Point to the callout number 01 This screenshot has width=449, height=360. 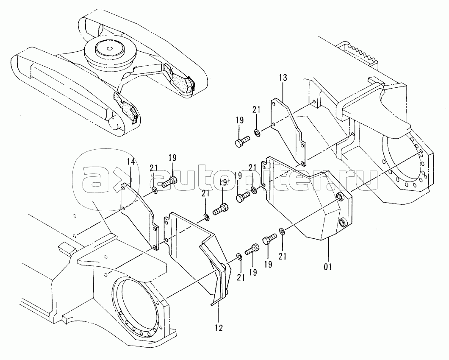click(327, 267)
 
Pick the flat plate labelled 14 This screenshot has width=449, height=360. click(139, 215)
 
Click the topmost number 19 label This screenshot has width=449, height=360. click(240, 120)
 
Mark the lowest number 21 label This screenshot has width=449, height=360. click(241, 277)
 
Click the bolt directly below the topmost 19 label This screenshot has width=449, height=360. click(242, 142)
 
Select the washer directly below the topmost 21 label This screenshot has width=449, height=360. click(257, 132)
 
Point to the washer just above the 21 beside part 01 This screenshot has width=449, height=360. click(282, 231)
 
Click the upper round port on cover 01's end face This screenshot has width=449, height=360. click(340, 197)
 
